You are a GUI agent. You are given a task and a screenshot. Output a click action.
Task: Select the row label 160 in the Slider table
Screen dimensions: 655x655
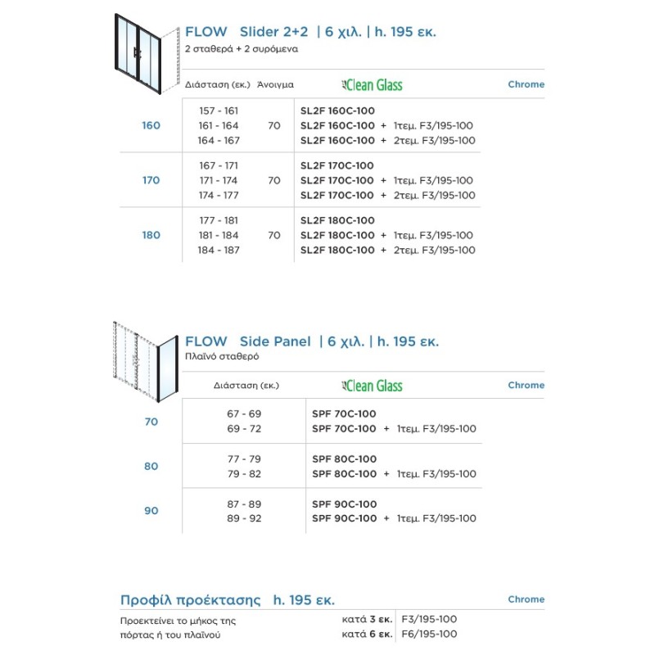151,125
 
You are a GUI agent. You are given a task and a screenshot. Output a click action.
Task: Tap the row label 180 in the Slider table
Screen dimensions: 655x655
151,235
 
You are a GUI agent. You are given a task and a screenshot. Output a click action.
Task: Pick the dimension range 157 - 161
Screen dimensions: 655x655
219,111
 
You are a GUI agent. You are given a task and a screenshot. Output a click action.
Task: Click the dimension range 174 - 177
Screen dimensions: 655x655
219,195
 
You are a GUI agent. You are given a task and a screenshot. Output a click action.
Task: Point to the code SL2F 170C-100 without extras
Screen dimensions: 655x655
337,165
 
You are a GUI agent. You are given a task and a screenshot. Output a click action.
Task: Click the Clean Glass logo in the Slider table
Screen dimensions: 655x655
372,84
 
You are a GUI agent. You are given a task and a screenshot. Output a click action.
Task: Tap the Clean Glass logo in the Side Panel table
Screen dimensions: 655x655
372,386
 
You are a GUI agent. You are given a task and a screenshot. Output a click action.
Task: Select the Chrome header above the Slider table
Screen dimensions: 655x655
526,84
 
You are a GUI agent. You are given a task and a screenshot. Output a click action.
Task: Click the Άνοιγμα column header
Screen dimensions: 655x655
275,84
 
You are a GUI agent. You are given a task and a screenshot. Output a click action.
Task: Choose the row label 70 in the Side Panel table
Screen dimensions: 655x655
151,422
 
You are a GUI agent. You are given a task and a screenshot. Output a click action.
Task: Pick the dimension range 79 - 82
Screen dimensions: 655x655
245,473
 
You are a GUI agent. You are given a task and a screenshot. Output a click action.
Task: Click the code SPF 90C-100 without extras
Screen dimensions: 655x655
344,504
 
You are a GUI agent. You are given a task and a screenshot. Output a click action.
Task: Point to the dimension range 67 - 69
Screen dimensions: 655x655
245,413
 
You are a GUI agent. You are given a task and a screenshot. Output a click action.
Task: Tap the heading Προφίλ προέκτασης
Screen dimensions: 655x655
190,599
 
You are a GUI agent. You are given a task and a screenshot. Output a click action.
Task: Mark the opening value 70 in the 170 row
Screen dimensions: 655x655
273,180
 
